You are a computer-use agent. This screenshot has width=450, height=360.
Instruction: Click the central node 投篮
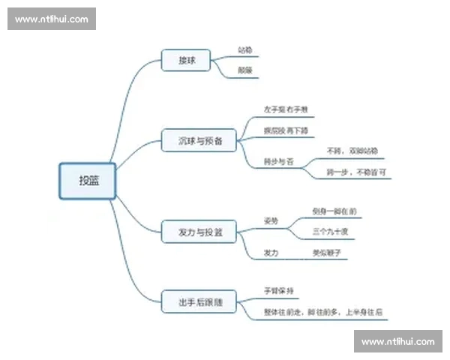click(x=88, y=181)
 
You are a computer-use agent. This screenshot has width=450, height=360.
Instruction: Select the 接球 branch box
click(x=187, y=60)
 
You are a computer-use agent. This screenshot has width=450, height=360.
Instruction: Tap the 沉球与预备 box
click(x=200, y=139)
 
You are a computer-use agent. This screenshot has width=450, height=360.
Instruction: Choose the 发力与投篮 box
click(x=200, y=232)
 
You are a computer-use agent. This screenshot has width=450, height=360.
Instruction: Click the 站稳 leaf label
click(x=244, y=50)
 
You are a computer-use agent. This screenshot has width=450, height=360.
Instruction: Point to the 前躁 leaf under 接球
click(x=244, y=70)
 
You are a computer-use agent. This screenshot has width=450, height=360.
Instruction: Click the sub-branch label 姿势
click(x=271, y=221)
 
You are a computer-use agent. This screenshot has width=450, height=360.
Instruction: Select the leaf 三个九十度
click(x=331, y=232)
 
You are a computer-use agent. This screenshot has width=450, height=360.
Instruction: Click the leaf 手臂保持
click(x=277, y=290)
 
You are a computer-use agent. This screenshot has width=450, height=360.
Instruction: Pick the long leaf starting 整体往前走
click(x=322, y=311)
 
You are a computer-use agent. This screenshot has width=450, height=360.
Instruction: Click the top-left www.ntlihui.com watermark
click(x=52, y=19)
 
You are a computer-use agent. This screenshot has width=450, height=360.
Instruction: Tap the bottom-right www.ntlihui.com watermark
click(x=397, y=341)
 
